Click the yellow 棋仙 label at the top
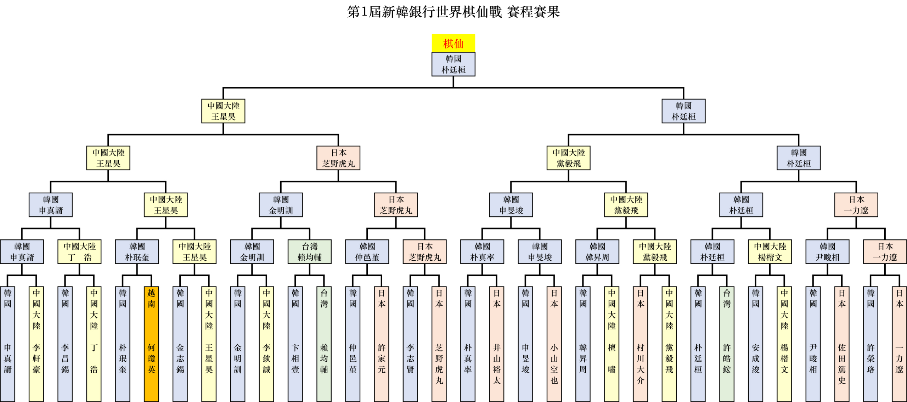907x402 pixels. [x=453, y=43]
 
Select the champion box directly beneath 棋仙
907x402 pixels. [x=453, y=64]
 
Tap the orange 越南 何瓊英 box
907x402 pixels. [x=151, y=344]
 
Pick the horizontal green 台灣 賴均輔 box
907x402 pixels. [x=309, y=252]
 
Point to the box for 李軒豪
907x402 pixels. [x=36, y=344]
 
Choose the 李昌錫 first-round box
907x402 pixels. [x=65, y=344]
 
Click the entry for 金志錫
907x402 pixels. [x=180, y=344]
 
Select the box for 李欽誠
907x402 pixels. [x=266, y=344]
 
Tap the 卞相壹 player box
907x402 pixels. [x=295, y=344]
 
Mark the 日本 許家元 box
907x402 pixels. [x=382, y=344]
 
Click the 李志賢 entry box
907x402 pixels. [x=410, y=344]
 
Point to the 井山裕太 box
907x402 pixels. [x=497, y=344]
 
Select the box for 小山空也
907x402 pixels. [x=554, y=344]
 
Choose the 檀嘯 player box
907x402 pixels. [x=612, y=344]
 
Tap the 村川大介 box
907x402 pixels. [x=641, y=344]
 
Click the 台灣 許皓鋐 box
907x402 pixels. [x=727, y=344]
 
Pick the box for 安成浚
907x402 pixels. [x=756, y=344]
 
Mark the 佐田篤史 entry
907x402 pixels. [x=842, y=344]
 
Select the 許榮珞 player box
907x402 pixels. [x=871, y=344]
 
